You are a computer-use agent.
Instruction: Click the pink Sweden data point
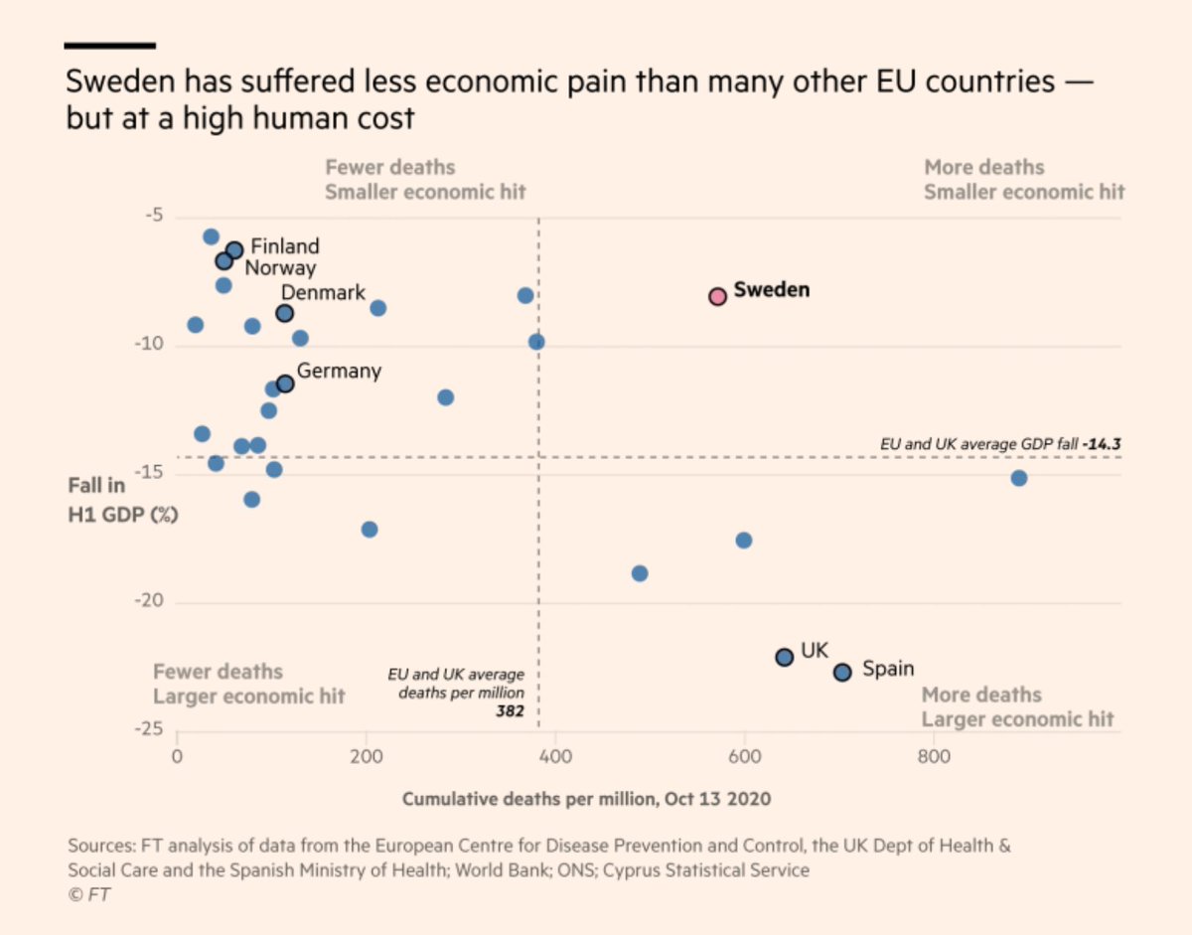click(x=717, y=296)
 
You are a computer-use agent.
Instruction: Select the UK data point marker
click(x=784, y=657)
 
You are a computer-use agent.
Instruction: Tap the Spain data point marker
click(x=842, y=672)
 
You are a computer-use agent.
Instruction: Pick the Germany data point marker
click(x=284, y=384)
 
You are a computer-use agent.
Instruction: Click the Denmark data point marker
click(x=284, y=313)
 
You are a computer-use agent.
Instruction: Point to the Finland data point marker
click(x=234, y=250)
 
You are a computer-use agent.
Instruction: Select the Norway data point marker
click(x=224, y=261)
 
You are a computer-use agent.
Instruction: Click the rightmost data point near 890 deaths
click(x=1018, y=478)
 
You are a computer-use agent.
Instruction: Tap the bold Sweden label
click(x=772, y=290)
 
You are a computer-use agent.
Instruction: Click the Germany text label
click(x=339, y=371)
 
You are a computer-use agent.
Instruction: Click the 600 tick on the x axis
click(x=744, y=757)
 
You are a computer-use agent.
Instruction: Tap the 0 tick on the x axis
click(x=177, y=757)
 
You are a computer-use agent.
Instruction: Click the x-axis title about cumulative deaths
click(x=586, y=799)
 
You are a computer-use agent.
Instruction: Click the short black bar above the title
click(x=109, y=46)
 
